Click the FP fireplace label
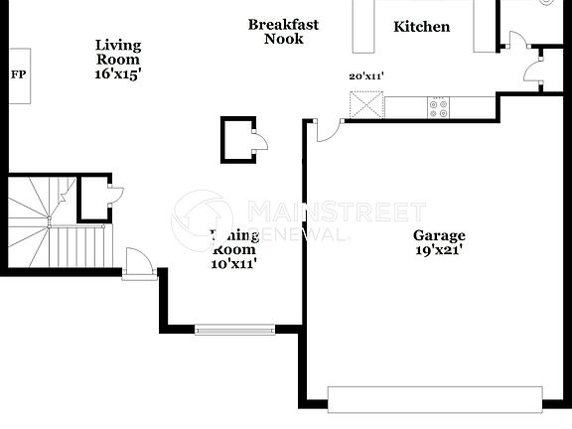coord(18,74)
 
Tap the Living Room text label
coord(118,52)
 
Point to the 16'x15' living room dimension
coord(118,73)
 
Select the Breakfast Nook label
coord(283,32)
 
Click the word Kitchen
coord(421,27)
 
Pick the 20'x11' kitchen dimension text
coord(366,75)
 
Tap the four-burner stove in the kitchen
coord(437,105)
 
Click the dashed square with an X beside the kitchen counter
coord(365,105)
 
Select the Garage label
coord(439,235)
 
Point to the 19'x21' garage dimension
coord(439,250)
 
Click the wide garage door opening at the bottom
coord(435,400)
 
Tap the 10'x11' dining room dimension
coord(233,264)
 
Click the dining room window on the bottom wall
coord(234,329)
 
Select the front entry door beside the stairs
coord(138,265)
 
